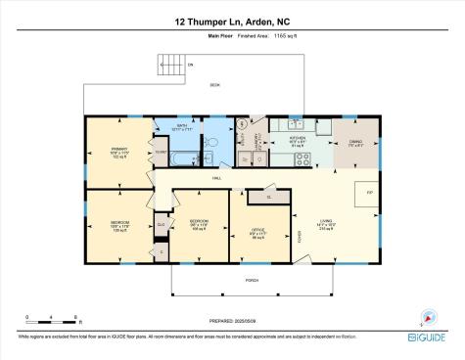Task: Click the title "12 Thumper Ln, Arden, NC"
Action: click(232, 21)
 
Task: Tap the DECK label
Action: click(214, 85)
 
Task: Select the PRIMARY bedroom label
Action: click(118, 151)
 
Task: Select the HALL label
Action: click(217, 178)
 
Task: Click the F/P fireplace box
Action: click(369, 192)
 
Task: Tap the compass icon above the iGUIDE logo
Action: click(427, 316)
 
